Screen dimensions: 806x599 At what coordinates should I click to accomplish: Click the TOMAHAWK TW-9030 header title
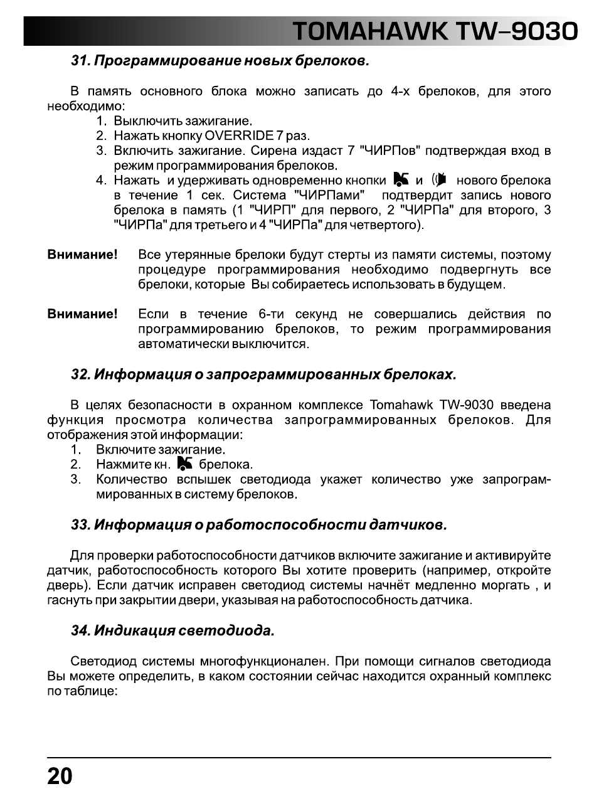click(x=435, y=31)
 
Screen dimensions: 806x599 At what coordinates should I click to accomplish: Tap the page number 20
click(x=60, y=777)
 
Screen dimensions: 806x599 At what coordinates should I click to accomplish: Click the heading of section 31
click(x=220, y=61)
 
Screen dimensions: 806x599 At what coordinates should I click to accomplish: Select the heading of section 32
click(x=263, y=374)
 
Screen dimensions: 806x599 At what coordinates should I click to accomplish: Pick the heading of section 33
click(x=259, y=524)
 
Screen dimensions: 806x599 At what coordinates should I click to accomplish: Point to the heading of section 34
click(x=172, y=630)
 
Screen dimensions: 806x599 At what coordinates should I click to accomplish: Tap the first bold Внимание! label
click(x=82, y=255)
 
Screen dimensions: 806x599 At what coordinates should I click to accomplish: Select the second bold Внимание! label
click(x=82, y=314)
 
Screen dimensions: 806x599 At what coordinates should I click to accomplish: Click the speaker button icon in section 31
click(x=440, y=180)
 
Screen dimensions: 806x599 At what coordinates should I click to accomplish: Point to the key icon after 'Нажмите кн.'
click(x=184, y=464)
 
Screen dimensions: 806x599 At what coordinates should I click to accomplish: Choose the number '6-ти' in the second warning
click(x=271, y=314)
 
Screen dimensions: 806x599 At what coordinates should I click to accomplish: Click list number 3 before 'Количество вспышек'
click(x=75, y=479)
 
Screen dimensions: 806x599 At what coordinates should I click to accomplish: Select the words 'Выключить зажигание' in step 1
click(x=182, y=120)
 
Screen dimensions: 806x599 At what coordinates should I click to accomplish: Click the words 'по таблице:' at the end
click(x=82, y=691)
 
